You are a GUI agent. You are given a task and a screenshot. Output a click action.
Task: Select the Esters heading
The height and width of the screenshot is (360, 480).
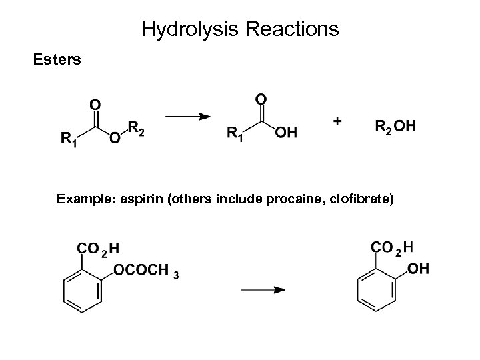pos(57,60)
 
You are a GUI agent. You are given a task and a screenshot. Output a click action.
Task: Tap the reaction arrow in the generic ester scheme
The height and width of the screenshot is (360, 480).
pos(193,117)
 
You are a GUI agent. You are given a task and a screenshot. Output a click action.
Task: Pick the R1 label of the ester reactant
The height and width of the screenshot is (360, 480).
pos(68,139)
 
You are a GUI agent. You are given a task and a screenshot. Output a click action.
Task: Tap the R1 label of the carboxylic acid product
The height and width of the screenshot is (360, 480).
pos(235,134)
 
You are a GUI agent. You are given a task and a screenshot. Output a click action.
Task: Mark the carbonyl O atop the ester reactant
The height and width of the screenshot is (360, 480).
pos(95,104)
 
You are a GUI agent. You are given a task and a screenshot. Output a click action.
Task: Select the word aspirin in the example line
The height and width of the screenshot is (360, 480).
pos(147,198)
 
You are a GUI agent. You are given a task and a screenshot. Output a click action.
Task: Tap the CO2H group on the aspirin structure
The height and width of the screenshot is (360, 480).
pos(99,249)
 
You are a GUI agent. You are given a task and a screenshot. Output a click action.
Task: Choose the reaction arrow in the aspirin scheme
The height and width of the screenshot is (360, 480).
pos(263,290)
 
